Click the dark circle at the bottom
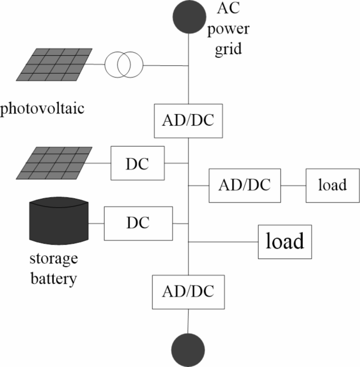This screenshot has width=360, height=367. (x=188, y=350)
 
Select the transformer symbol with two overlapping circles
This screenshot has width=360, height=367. (x=123, y=66)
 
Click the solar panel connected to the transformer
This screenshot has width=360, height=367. (x=54, y=65)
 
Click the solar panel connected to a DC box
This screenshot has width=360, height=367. (x=54, y=163)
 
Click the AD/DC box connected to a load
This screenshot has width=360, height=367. (x=244, y=186)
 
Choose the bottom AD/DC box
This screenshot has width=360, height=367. (x=188, y=291)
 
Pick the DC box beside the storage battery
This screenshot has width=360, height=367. (x=138, y=223)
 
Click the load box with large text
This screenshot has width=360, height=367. (x=285, y=242)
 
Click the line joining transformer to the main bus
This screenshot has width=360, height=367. (x=165, y=66)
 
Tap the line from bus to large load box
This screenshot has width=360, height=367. (x=223, y=242)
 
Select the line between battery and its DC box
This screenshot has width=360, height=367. (x=96, y=223)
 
